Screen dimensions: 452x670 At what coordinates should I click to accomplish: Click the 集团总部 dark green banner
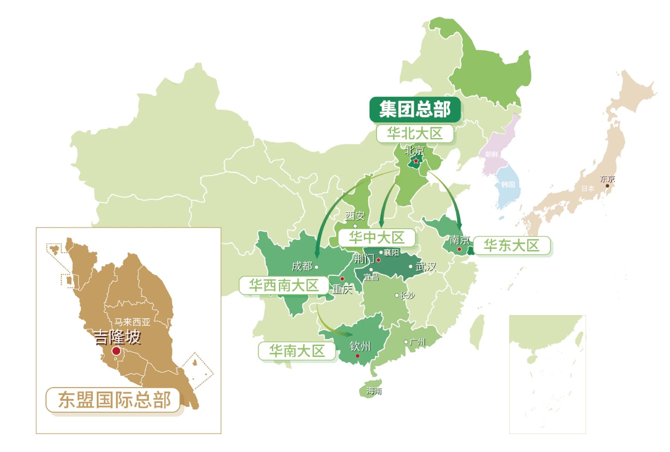[x=415, y=109]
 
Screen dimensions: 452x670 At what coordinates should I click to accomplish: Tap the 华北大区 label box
[x=415, y=134]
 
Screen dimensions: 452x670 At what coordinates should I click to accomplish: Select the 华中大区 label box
[x=376, y=238]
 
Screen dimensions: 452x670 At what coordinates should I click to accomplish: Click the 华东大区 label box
[x=512, y=245]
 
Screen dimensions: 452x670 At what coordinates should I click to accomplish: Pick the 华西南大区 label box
[x=284, y=285]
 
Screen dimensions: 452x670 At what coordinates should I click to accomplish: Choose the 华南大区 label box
[x=297, y=351]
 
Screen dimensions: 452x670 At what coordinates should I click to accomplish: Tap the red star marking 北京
[x=416, y=161]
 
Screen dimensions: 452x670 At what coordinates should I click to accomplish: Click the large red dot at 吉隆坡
[x=116, y=351]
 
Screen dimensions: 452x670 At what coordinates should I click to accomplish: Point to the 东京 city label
[x=607, y=179]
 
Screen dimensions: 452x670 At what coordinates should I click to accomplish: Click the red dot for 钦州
[x=358, y=356]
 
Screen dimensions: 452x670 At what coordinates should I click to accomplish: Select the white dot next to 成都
[x=316, y=267]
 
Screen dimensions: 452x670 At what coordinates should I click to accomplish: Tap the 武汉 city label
[x=426, y=267]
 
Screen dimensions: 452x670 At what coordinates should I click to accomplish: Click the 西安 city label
[x=355, y=216]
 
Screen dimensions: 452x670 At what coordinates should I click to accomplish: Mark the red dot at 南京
[x=459, y=249]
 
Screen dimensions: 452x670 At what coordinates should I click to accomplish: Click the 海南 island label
[x=374, y=391]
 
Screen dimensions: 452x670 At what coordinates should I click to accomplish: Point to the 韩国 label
[x=508, y=184]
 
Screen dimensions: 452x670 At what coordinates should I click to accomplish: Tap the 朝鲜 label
[x=491, y=154]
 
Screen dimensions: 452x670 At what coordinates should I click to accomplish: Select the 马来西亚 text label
[x=132, y=322]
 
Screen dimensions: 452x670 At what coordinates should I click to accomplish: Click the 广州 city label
[x=418, y=342]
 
